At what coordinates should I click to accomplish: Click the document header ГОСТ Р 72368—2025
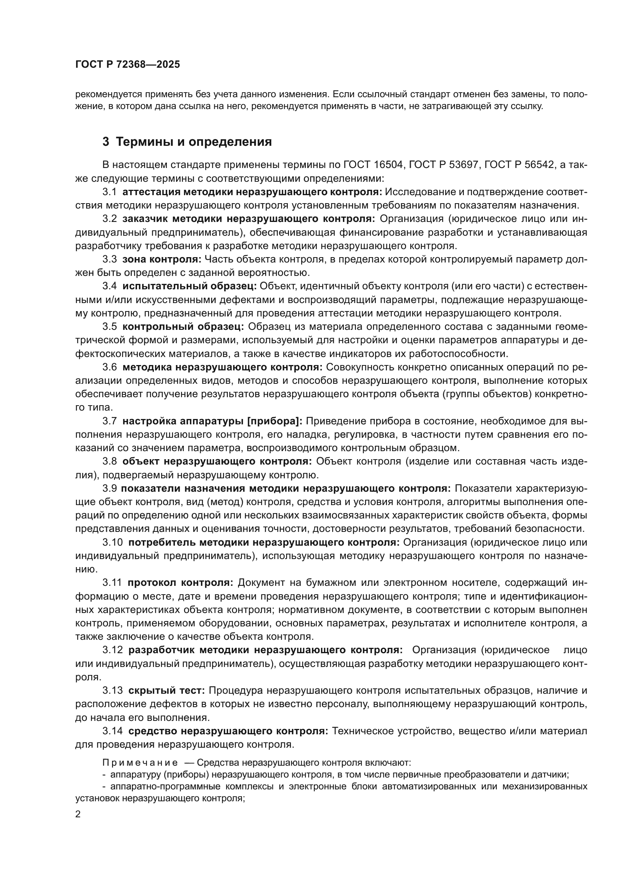pyautogui.click(x=127, y=65)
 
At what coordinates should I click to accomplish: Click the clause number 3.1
pyautogui.click(x=109, y=192)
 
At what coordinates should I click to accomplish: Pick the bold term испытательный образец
pyautogui.click(x=189, y=286)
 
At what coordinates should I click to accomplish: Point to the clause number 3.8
pyautogui.click(x=109, y=461)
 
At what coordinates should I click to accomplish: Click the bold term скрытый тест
pyautogui.click(x=166, y=690)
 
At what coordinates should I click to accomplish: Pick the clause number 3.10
pyautogui.click(x=113, y=542)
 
